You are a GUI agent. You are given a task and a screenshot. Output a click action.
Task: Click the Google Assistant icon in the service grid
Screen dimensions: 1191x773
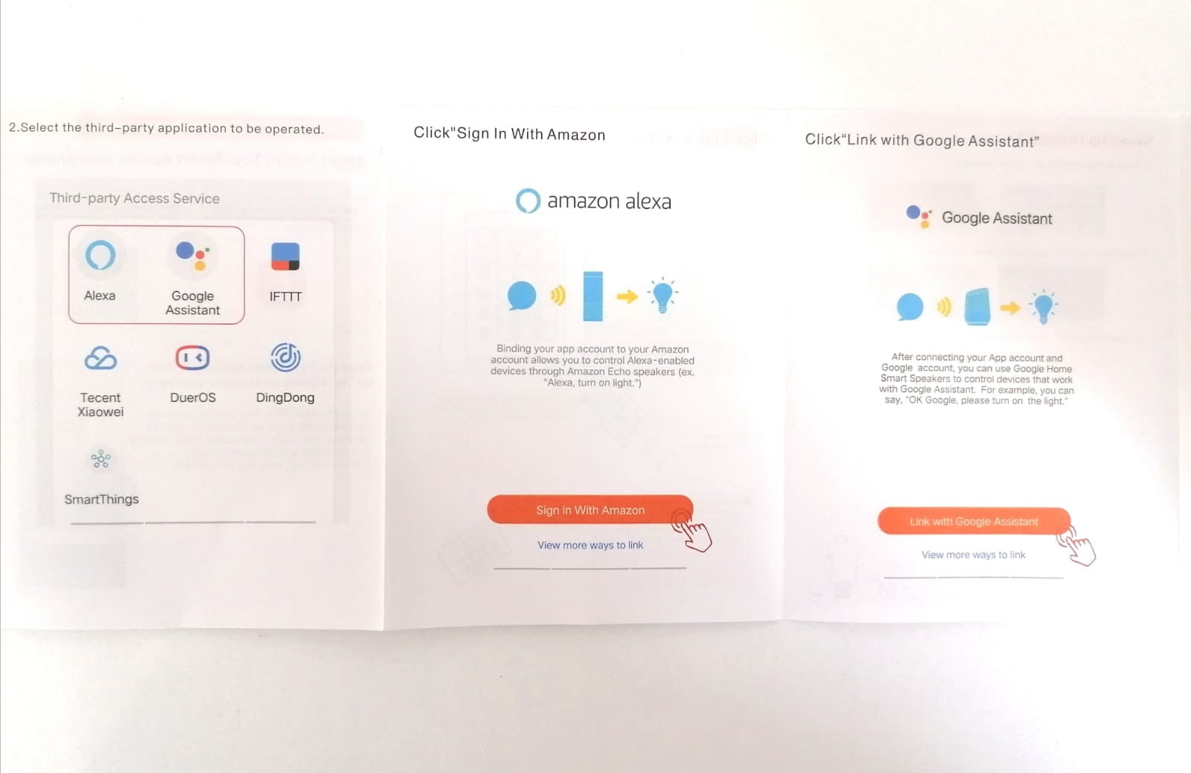pyautogui.click(x=193, y=256)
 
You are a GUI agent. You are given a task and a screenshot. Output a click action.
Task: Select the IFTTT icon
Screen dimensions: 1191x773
pyautogui.click(x=286, y=256)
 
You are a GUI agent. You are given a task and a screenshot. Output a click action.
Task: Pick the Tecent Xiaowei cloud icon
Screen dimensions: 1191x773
pyautogui.click(x=100, y=358)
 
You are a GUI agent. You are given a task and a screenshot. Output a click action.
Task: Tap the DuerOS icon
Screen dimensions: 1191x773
pyautogui.click(x=193, y=357)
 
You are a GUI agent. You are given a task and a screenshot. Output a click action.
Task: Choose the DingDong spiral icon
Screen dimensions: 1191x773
pyautogui.click(x=286, y=357)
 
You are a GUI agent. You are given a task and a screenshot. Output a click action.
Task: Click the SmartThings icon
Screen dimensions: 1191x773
pyautogui.click(x=100, y=459)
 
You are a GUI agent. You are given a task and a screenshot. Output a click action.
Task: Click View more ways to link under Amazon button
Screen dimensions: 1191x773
pyautogui.click(x=590, y=545)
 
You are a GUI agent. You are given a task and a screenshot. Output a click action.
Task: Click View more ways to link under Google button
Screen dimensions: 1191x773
pyautogui.click(x=973, y=555)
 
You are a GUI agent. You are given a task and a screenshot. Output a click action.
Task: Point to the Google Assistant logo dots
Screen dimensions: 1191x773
pyautogui.click(x=919, y=217)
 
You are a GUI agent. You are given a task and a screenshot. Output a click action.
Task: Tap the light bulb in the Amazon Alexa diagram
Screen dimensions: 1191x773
pyautogui.click(x=662, y=295)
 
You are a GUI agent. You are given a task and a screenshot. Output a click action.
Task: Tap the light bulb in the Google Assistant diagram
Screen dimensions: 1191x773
pyautogui.click(x=1043, y=307)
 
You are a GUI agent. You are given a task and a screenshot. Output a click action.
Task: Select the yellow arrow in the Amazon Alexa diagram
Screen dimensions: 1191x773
pyautogui.click(x=627, y=296)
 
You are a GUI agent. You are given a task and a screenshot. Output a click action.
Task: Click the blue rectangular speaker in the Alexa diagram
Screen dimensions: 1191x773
pyautogui.click(x=593, y=296)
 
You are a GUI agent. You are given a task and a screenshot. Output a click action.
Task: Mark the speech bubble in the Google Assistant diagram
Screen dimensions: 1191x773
pyautogui.click(x=910, y=307)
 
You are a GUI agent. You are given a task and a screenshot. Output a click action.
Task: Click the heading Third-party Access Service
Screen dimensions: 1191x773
pyautogui.click(x=135, y=198)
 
